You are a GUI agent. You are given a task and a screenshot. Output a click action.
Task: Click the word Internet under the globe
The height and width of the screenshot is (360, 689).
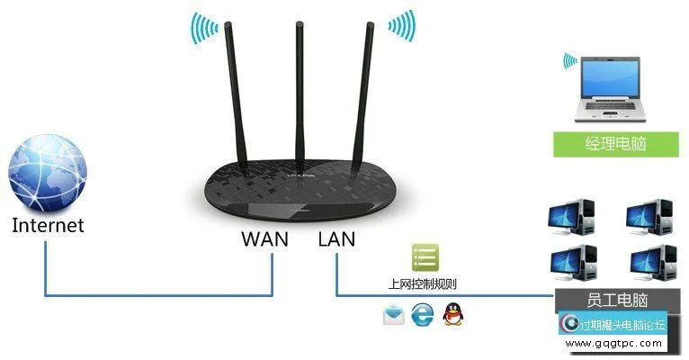click(x=48, y=225)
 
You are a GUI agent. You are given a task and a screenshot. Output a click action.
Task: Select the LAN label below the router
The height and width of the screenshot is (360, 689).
click(x=336, y=239)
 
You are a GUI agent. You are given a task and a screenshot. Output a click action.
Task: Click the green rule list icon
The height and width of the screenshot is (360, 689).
click(x=425, y=258)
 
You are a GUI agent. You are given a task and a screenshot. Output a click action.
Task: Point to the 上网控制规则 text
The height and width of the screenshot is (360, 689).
click(x=420, y=283)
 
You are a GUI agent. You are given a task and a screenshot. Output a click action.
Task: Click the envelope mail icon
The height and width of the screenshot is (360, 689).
click(x=393, y=315)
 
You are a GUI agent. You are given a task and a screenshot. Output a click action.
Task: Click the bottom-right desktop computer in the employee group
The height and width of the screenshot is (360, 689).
click(x=650, y=262)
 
